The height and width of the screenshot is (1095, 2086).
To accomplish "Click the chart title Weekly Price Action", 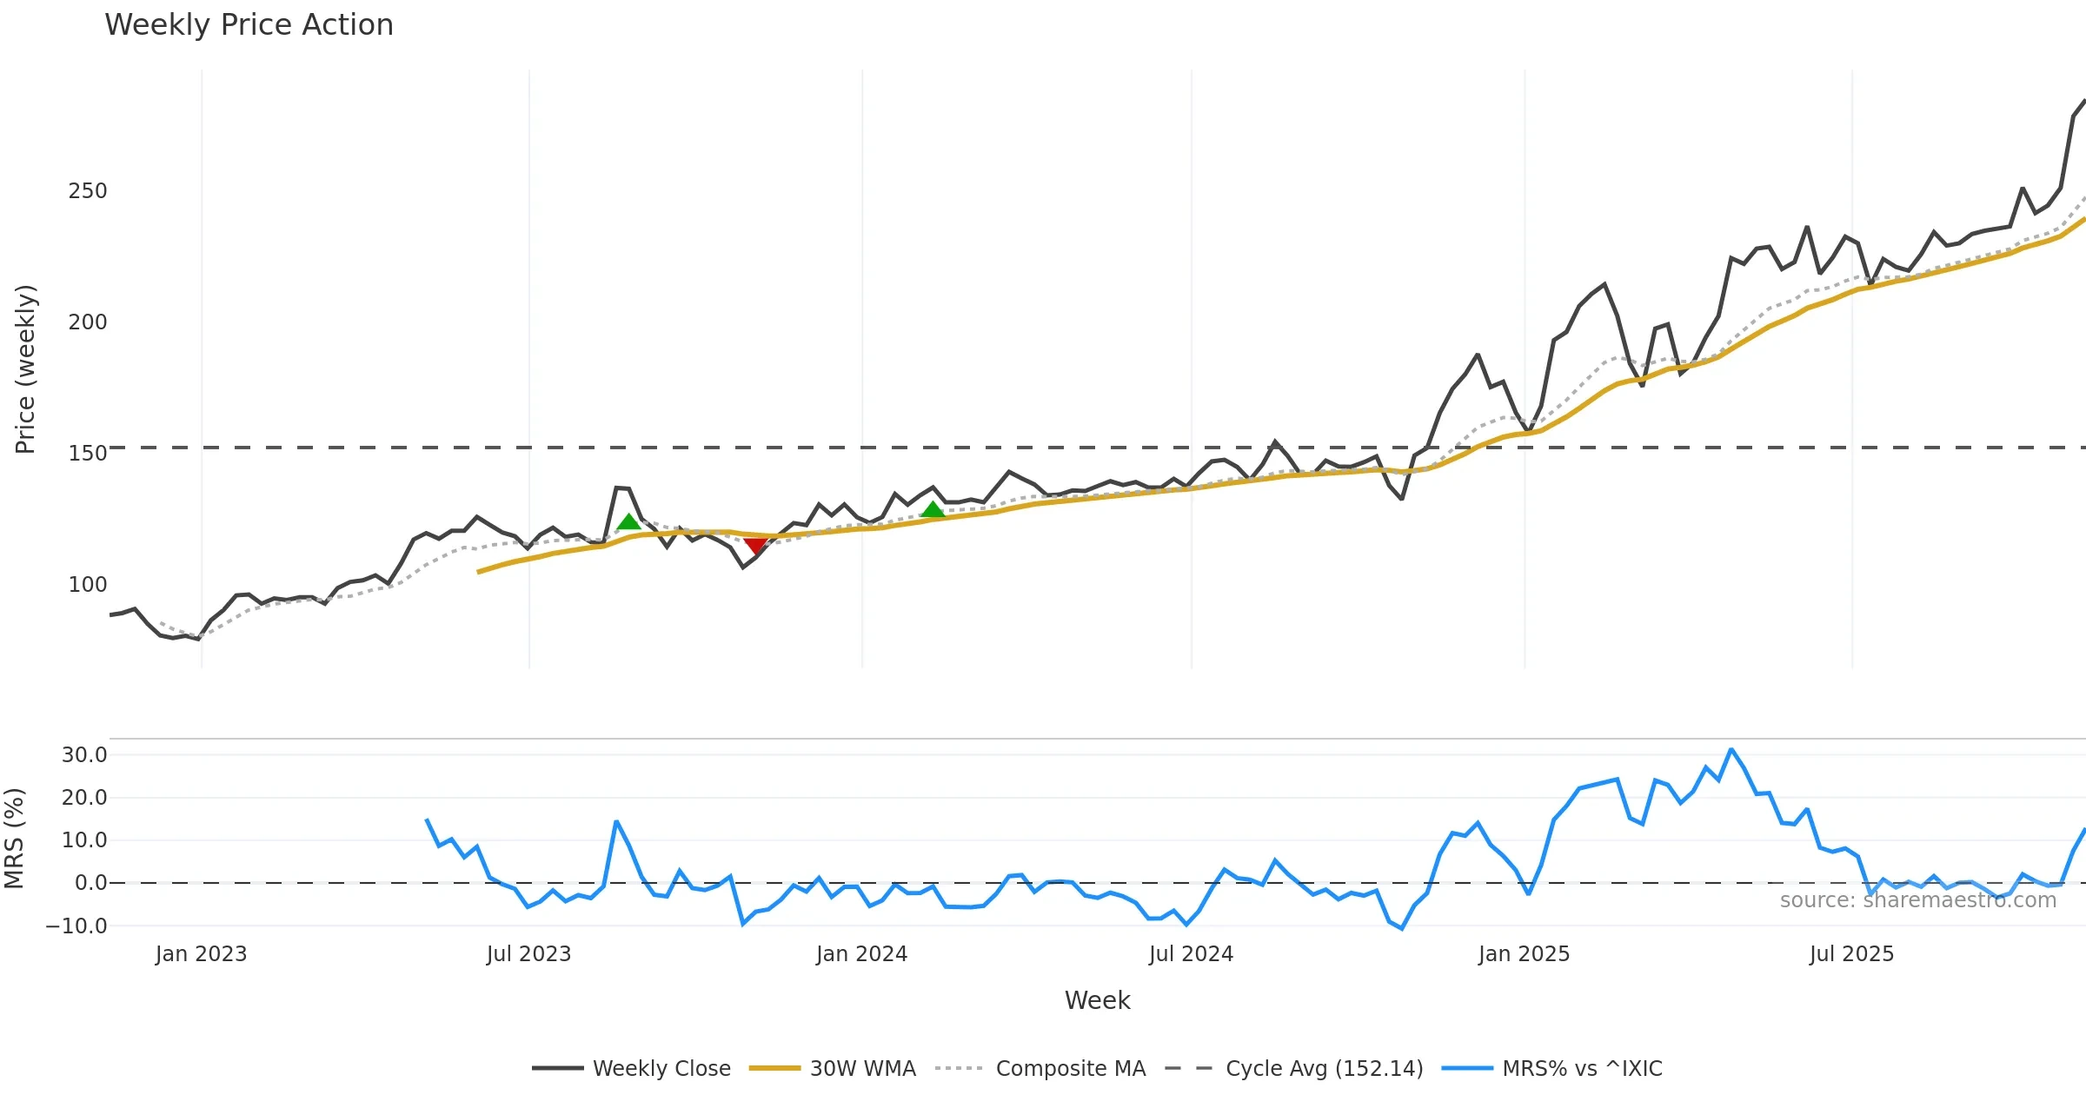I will (x=249, y=25).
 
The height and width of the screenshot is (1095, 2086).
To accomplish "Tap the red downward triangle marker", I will (x=755, y=546).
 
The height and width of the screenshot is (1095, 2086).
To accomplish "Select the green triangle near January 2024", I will (x=933, y=510).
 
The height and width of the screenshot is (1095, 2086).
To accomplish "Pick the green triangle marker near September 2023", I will (x=628, y=521).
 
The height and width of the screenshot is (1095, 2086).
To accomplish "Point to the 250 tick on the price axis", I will (x=88, y=191).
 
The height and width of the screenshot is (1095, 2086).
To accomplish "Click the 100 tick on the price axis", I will (x=88, y=584).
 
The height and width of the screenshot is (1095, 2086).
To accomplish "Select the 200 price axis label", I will (x=88, y=322).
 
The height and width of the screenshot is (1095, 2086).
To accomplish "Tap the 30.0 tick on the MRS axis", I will (x=84, y=754).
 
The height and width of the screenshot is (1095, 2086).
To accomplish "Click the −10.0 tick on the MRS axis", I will (x=76, y=926).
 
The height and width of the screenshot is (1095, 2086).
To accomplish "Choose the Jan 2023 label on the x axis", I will (x=202, y=954).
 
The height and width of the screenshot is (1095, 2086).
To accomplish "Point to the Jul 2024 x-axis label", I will (x=1191, y=954).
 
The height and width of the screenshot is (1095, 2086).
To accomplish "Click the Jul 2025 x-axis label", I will (x=1851, y=954).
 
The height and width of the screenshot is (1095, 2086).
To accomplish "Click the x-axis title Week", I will (x=1097, y=1000).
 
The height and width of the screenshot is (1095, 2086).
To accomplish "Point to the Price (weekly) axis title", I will (x=25, y=369).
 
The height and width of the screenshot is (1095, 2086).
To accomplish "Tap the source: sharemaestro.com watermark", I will (x=1917, y=900).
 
